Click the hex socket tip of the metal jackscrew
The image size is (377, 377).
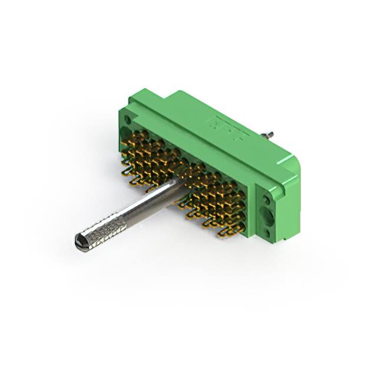(81, 240)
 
